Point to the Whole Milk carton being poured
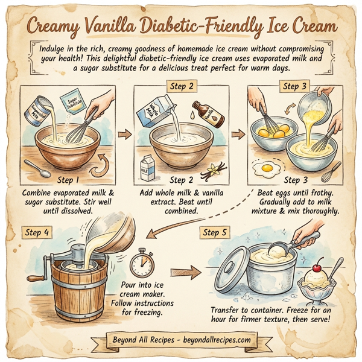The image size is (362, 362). [x=153, y=110]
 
